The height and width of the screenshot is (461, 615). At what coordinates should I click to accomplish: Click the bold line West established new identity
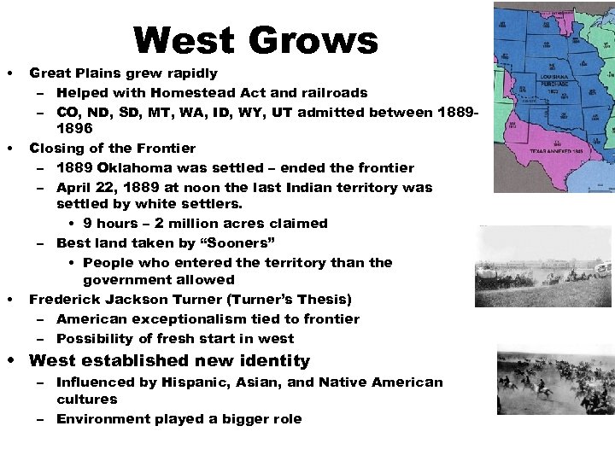169,360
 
